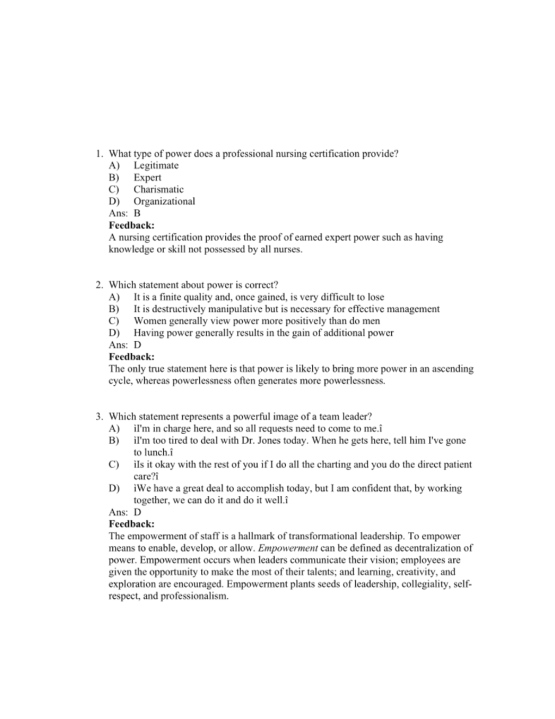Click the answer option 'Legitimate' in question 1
pos(156,165)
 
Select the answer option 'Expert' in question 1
pos(147,177)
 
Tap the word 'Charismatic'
pos(158,189)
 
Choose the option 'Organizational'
pos(164,201)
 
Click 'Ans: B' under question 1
pos(124,213)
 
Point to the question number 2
pos(99,285)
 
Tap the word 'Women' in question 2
pos(148,321)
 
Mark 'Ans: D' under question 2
pos(125,345)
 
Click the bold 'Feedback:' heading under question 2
pos(131,357)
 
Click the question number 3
pos(99,416)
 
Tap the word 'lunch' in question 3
pos(157,452)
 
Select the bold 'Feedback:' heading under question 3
pos(131,524)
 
